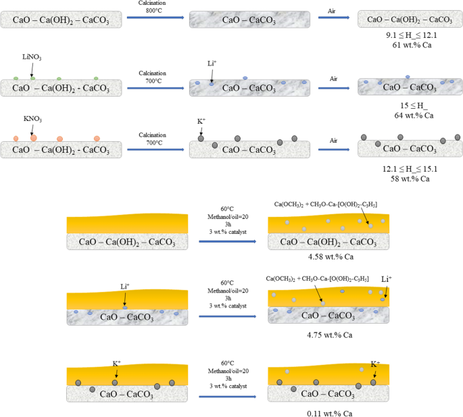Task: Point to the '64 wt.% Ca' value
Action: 409,116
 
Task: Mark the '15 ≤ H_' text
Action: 408,105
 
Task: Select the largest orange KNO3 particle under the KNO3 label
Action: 34,137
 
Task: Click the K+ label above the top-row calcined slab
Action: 201,121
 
